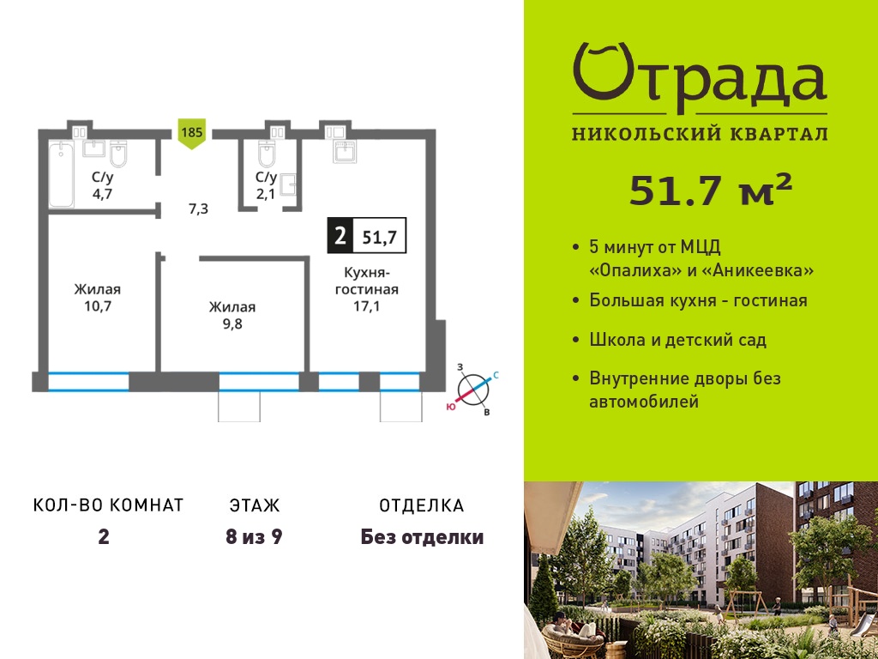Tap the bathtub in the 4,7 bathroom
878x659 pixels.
click(x=61, y=174)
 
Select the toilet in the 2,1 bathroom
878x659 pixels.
click(x=267, y=154)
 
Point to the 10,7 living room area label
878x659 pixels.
click(x=98, y=298)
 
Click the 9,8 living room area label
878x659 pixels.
click(x=232, y=316)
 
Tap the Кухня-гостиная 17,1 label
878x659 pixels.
click(x=367, y=289)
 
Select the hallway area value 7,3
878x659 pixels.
click(x=198, y=209)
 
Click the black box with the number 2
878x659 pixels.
click(x=340, y=236)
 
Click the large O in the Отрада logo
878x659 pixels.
click(x=603, y=72)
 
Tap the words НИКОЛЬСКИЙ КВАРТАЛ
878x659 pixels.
click(x=700, y=134)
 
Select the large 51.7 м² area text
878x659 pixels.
click(x=711, y=190)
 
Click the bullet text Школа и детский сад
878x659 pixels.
click(x=677, y=340)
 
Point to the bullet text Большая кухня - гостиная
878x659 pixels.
click(x=698, y=300)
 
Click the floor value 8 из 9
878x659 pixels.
click(x=254, y=537)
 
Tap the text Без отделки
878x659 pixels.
click(x=422, y=537)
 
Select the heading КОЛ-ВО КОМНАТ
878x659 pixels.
click(x=109, y=505)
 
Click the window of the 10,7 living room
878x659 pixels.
click(x=88, y=382)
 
